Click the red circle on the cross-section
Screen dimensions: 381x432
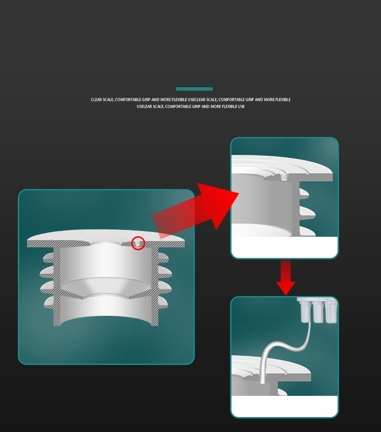tap(138, 237)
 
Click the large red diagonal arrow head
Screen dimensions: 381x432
tap(218, 204)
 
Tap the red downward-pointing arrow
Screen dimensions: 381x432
tap(286, 278)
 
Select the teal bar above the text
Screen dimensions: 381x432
tap(194, 89)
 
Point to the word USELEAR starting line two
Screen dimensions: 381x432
tap(144, 107)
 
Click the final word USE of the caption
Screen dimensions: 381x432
tap(241, 107)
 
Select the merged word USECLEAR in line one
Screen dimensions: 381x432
tap(196, 99)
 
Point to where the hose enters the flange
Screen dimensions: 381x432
tap(263, 382)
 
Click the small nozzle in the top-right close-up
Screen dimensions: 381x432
tap(284, 177)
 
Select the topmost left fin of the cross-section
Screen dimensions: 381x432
tap(49, 258)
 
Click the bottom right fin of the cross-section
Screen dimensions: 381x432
tap(163, 302)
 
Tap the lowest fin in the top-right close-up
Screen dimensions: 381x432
tap(307, 231)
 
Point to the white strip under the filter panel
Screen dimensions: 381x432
tap(285, 406)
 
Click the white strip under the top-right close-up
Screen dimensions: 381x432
tap(285, 247)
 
